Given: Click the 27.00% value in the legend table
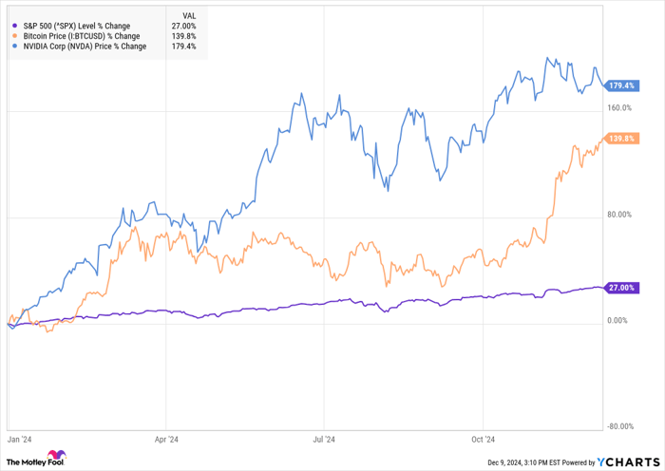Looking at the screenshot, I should [x=182, y=25].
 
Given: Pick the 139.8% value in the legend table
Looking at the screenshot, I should [x=183, y=35].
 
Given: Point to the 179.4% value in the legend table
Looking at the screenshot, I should [x=183, y=46].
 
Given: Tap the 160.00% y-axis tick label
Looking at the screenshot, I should [x=619, y=108].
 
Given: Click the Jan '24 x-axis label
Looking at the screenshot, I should [x=19, y=440].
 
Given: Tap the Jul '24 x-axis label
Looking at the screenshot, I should [x=324, y=440].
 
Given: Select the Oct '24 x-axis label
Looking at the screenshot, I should [x=484, y=440].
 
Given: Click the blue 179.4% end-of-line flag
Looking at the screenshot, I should [x=620, y=86].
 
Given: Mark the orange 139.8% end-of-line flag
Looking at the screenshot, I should [x=620, y=139].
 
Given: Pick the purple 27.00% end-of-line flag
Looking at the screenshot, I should [x=620, y=287].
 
